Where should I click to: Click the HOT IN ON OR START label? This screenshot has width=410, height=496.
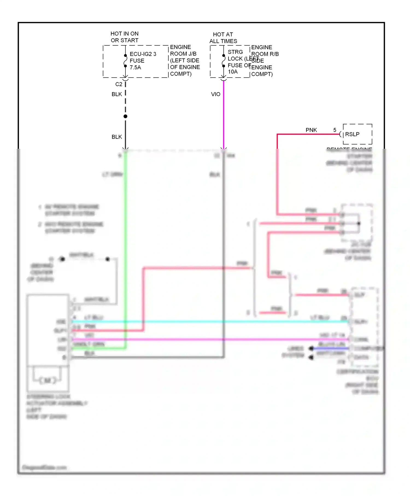124,37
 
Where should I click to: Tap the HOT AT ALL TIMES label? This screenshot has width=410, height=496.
223,38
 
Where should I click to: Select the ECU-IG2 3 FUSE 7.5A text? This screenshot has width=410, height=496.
142,61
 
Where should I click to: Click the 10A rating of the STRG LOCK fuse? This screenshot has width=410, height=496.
233,72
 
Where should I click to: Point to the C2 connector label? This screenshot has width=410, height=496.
119,84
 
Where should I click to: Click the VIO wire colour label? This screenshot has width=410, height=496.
215,94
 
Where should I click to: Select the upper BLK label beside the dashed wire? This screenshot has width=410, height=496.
117,94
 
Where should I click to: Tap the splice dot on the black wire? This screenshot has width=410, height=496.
125,116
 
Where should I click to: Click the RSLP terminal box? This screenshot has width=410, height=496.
357,134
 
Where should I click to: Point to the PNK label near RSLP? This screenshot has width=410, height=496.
311,130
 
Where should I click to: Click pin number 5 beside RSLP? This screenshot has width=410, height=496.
335,130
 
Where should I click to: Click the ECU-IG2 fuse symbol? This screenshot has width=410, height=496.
125,61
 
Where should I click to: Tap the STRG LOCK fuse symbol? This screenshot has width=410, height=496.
224,61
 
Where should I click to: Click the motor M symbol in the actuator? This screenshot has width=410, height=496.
48,380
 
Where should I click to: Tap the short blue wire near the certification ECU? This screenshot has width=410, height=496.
331,348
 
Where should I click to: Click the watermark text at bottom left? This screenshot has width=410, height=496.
44,468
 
